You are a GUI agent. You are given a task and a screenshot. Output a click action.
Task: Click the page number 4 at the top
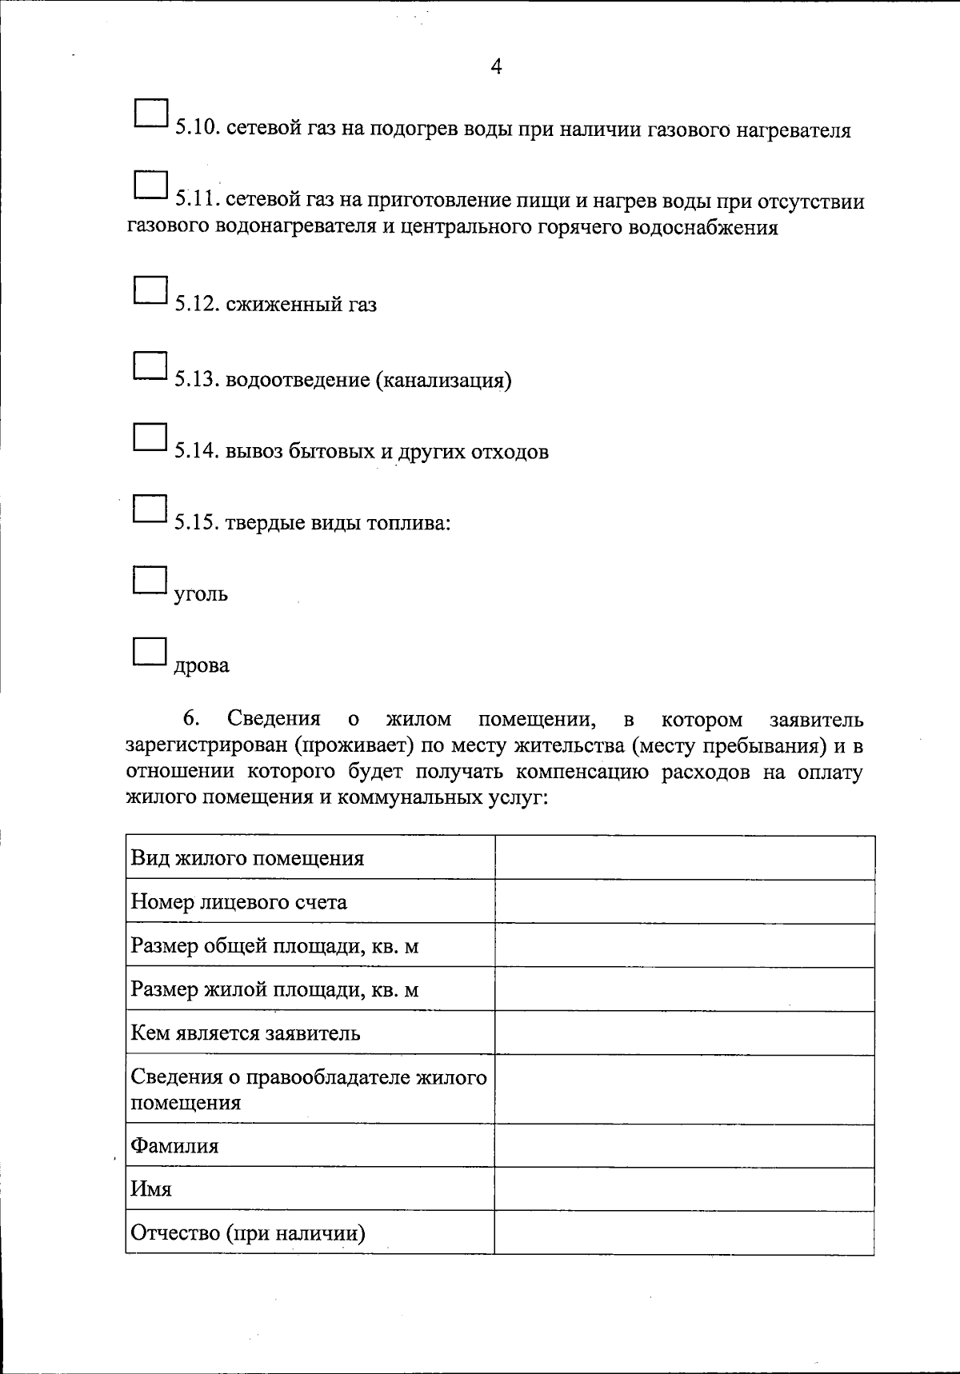pos(495,67)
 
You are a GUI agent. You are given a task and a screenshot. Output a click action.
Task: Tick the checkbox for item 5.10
pos(150,114)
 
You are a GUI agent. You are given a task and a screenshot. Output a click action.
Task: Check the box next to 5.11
pos(150,185)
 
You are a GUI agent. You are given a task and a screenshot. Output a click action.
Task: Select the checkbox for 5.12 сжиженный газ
pos(150,290)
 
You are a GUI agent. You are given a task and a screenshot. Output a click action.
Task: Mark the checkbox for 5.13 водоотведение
pos(150,365)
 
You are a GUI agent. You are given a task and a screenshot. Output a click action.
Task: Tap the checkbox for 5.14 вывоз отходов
pos(150,437)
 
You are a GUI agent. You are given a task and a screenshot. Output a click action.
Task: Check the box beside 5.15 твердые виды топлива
pos(150,508)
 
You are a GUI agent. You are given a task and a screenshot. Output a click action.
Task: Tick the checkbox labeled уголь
pos(150,579)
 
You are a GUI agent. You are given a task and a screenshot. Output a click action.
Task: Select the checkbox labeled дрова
pos(150,651)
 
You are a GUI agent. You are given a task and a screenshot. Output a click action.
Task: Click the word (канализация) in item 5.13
pos(442,380)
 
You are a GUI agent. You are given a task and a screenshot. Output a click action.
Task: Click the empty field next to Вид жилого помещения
pos(684,857)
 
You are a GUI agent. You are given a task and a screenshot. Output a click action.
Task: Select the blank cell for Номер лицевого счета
pos(684,901)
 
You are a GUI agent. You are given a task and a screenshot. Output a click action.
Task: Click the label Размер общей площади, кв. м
pos(274,946)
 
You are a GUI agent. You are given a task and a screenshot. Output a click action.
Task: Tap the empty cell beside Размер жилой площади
pos(684,989)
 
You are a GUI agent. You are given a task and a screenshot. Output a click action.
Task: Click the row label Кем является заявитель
pos(246,1032)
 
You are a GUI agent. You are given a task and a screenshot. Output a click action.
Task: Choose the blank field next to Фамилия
pos(684,1145)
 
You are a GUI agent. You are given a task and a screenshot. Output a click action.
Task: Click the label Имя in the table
pos(151,1188)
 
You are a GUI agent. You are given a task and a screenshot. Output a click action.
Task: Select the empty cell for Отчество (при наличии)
pos(684,1232)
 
